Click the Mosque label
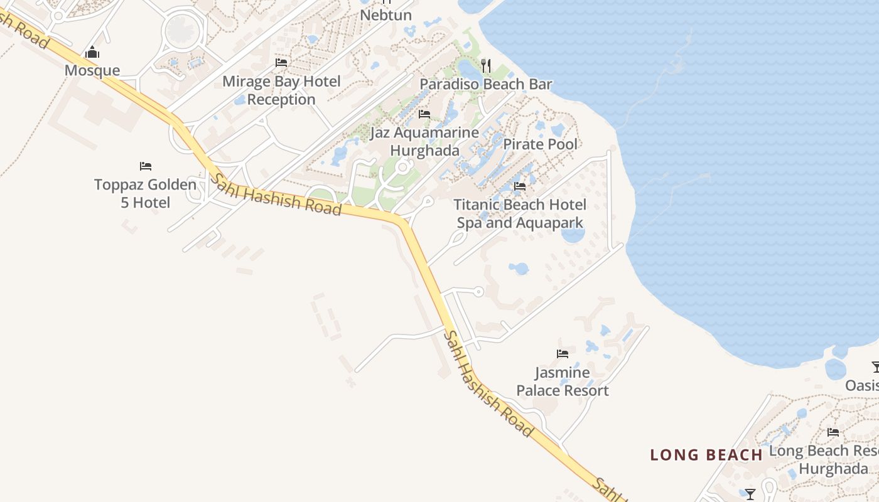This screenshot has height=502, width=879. click(x=92, y=70)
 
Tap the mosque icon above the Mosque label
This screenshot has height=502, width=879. click(x=92, y=53)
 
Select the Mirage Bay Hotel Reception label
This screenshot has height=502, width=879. click(x=281, y=90)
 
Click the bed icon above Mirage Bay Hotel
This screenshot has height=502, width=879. click(x=281, y=63)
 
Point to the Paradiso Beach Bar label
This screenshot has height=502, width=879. click(x=486, y=84)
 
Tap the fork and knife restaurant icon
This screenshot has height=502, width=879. click(x=485, y=65)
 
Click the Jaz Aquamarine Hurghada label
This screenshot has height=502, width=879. click(x=424, y=142)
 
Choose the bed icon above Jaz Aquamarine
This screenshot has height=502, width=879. click(x=424, y=114)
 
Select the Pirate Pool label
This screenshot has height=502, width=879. click(x=540, y=144)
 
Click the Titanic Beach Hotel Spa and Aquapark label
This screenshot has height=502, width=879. click(x=520, y=214)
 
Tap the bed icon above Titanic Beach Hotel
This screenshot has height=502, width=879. click(x=520, y=186)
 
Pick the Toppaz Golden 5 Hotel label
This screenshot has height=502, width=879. click(x=145, y=194)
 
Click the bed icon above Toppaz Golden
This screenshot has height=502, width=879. click(x=146, y=166)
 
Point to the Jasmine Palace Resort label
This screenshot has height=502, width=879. click(x=563, y=382)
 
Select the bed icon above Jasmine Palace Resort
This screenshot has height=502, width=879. click(x=563, y=354)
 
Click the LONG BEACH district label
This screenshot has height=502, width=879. click(x=706, y=455)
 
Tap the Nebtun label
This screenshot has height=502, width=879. click(x=386, y=15)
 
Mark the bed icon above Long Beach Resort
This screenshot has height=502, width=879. click(x=833, y=432)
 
